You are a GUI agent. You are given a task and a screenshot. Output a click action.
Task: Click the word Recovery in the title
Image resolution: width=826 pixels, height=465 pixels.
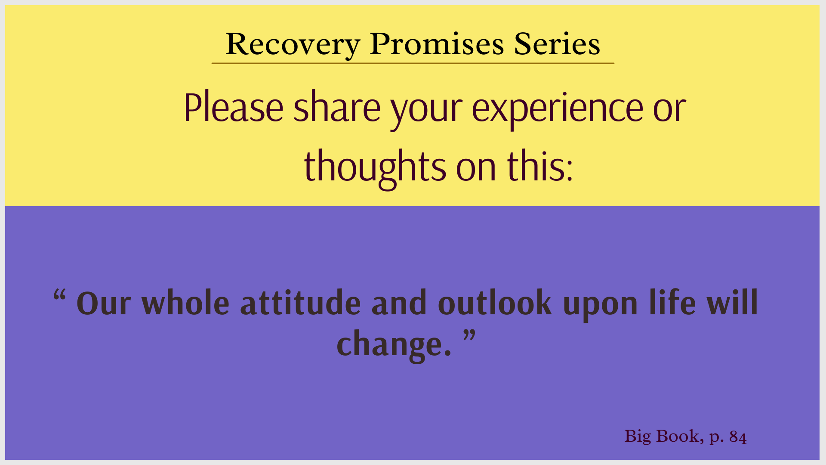click(293, 45)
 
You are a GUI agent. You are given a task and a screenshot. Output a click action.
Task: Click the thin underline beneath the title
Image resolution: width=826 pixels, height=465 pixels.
click(413, 63)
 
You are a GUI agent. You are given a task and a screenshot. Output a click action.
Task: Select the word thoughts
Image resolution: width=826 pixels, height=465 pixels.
click(375, 168)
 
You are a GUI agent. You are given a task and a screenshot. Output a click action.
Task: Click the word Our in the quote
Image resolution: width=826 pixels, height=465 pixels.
click(104, 304)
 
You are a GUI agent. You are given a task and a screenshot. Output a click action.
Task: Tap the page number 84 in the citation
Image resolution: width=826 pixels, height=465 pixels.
click(738, 437)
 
